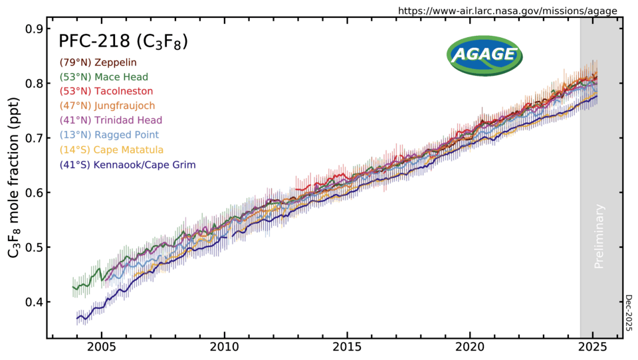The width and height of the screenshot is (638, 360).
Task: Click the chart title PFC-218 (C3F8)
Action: pos(123,41)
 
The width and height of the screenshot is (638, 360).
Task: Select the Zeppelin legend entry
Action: pos(98,62)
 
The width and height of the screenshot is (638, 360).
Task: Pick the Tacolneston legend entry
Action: pos(106,91)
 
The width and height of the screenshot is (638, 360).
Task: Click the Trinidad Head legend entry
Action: pos(110,120)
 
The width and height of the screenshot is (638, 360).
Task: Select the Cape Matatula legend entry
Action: pos(111,149)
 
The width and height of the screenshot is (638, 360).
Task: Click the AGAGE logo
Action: pos(484,54)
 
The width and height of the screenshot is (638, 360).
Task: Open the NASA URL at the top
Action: pos(507,11)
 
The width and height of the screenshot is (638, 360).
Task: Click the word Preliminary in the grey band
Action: pos(600,236)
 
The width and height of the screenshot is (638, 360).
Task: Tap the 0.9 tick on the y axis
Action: pos(35,29)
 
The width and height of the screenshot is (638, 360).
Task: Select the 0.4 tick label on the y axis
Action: pos(35,302)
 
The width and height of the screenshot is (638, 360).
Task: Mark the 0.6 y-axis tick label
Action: pos(35,193)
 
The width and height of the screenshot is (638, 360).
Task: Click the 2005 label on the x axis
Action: pos(102,348)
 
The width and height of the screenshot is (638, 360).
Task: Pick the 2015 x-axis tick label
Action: pos(348,348)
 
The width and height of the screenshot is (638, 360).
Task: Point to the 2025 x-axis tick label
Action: pos(593,348)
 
